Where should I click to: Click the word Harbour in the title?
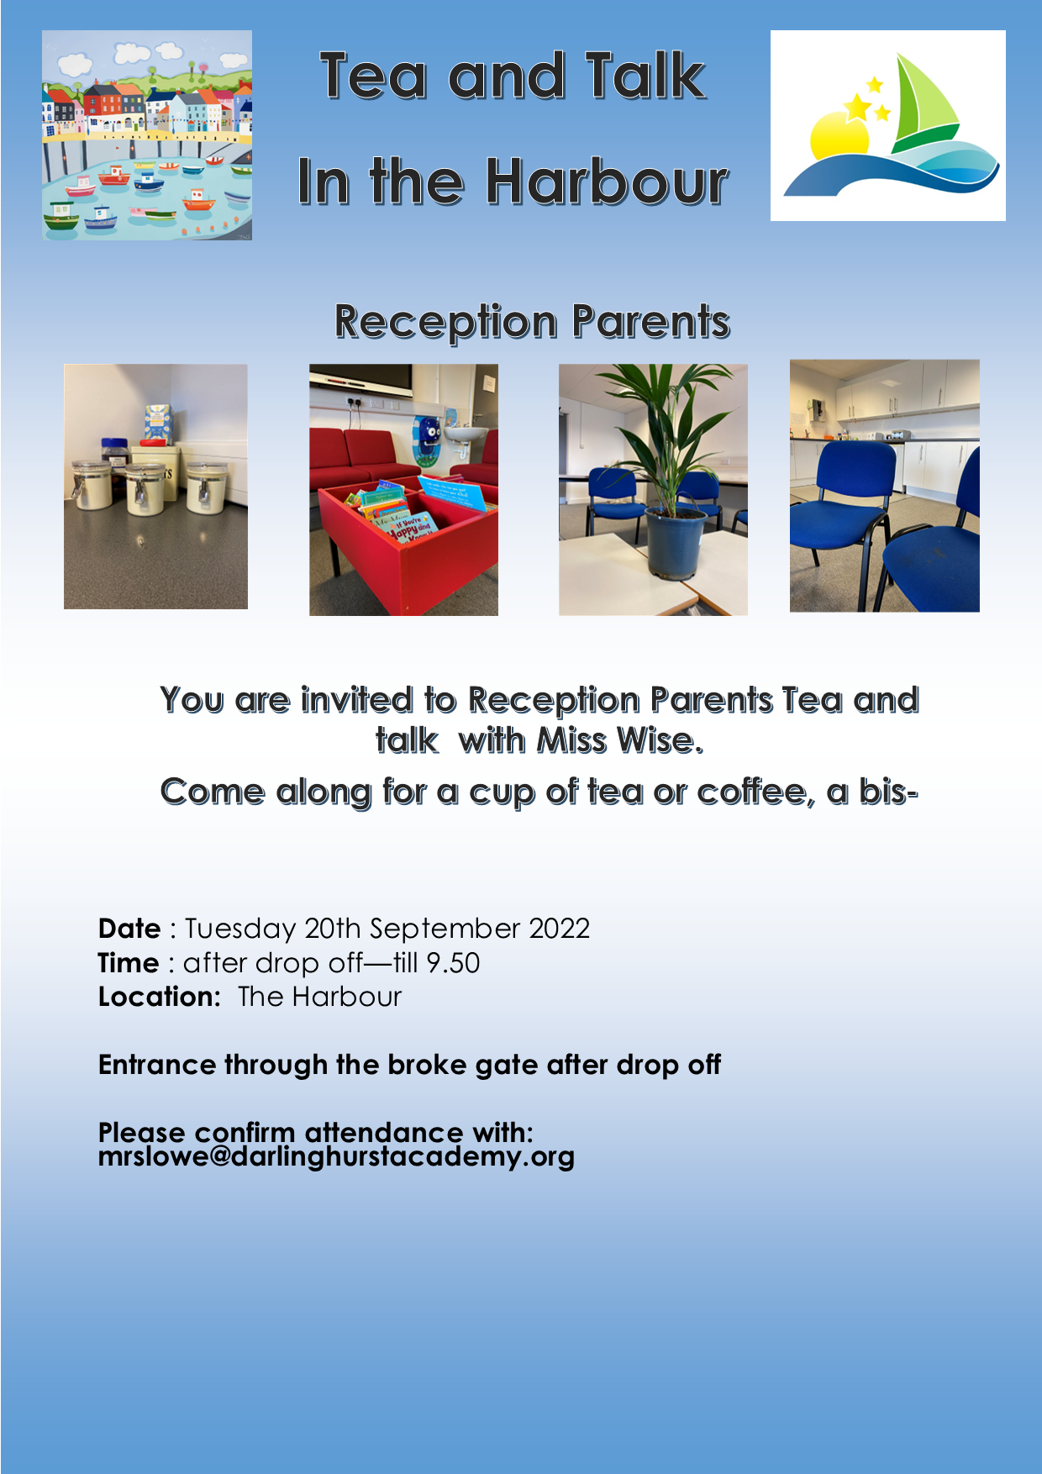click(608, 182)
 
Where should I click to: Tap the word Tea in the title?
click(373, 76)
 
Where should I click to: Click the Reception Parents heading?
click(532, 323)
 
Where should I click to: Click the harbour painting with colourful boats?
click(147, 135)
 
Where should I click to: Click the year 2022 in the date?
click(559, 929)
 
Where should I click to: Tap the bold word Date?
click(129, 929)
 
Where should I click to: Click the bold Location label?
click(160, 997)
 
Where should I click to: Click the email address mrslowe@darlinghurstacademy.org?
click(336, 1157)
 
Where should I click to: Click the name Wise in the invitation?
click(660, 740)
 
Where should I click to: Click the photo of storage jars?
click(155, 487)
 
